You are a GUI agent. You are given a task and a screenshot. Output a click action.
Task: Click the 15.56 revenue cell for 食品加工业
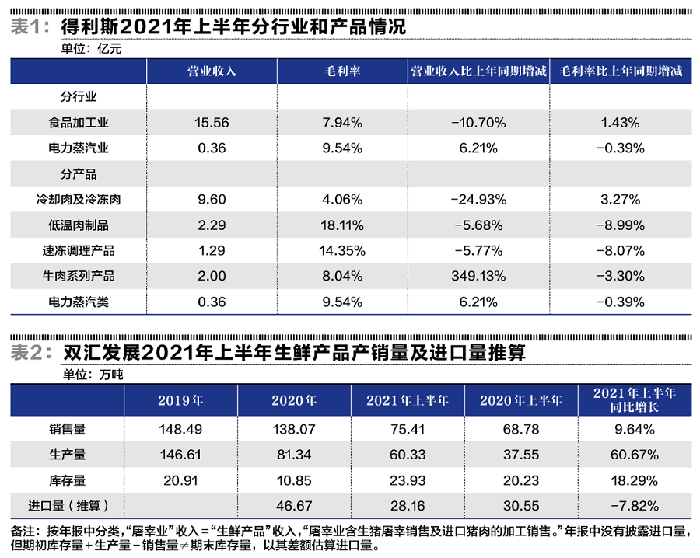pos(212,123)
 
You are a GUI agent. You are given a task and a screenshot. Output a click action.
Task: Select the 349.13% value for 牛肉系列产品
pos(478,276)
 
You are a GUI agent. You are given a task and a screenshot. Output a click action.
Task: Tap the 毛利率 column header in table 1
pos(342,71)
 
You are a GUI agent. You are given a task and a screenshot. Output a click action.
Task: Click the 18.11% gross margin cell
pos(342,225)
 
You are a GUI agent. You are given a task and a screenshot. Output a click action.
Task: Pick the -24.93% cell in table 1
pos(478,200)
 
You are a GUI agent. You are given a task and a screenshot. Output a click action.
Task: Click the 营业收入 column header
pos(212,71)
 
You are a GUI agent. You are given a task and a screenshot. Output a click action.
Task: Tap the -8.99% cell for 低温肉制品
pos(620,225)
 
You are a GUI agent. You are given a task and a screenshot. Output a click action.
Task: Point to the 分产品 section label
pos(79,174)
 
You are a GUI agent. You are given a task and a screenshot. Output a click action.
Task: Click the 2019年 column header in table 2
pos(180,401)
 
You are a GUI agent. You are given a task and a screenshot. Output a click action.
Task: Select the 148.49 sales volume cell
pos(180,428)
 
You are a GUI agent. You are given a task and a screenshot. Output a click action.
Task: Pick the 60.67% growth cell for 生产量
pos(635,455)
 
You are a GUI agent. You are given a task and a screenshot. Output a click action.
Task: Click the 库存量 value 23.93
pos(408,481)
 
